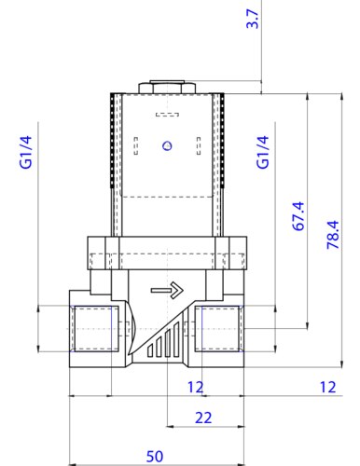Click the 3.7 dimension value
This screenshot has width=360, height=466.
click(252, 19)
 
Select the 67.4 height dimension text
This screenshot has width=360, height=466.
click(298, 216)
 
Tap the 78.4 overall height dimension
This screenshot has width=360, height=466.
click(333, 235)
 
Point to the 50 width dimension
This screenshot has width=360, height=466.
click(155, 457)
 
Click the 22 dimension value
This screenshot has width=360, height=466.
click(203, 418)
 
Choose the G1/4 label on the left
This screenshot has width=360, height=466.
click(26, 152)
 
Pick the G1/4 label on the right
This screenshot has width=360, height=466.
click(263, 152)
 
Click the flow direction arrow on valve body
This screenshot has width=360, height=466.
click(167, 291)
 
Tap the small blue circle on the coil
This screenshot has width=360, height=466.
click(168, 145)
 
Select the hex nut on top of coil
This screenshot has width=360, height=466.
click(167, 87)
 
